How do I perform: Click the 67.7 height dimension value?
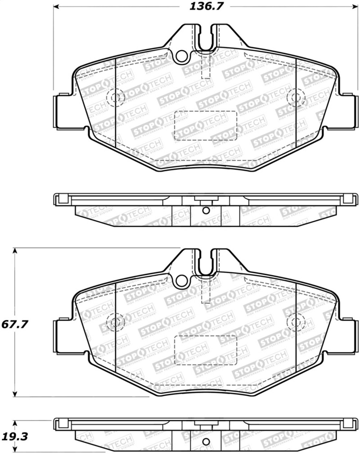tap(15, 324)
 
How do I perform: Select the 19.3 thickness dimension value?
tap(15, 436)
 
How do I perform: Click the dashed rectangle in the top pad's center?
tap(206, 125)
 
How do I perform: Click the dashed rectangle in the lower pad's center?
tap(206, 350)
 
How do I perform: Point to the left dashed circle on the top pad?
tap(115, 97)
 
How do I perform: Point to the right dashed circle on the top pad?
tap(296, 97)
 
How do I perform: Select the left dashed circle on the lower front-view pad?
tap(115, 322)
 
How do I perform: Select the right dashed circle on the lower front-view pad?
tap(296, 322)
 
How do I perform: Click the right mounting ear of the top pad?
tap(349, 111)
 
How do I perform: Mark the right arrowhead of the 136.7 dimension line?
tap(355, 7)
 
